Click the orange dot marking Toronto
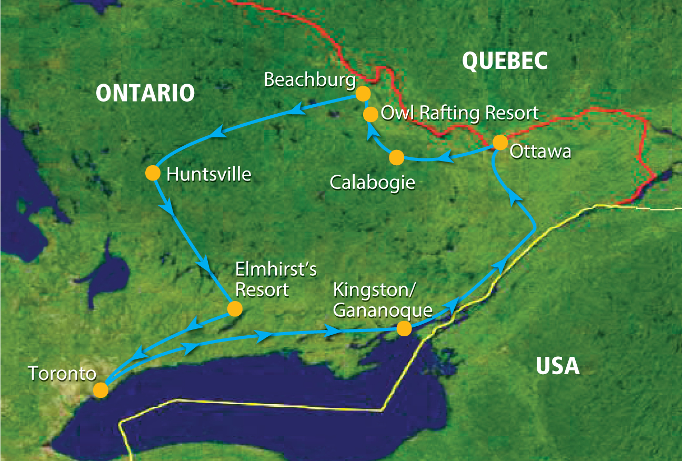point(101,390)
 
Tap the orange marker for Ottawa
point(500,143)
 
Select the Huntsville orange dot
point(152,173)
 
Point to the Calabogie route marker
point(396,157)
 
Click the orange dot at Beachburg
point(363,94)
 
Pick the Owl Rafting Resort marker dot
point(370,114)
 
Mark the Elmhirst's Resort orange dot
point(234,308)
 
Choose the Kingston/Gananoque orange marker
point(404,328)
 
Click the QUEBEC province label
point(505,62)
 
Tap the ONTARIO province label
point(145,94)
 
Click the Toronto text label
point(62,374)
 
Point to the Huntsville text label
point(209,174)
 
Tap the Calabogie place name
point(373,183)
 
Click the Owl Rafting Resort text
point(459,113)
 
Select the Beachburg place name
point(310,81)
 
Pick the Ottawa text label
point(540,152)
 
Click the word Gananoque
point(383,310)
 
